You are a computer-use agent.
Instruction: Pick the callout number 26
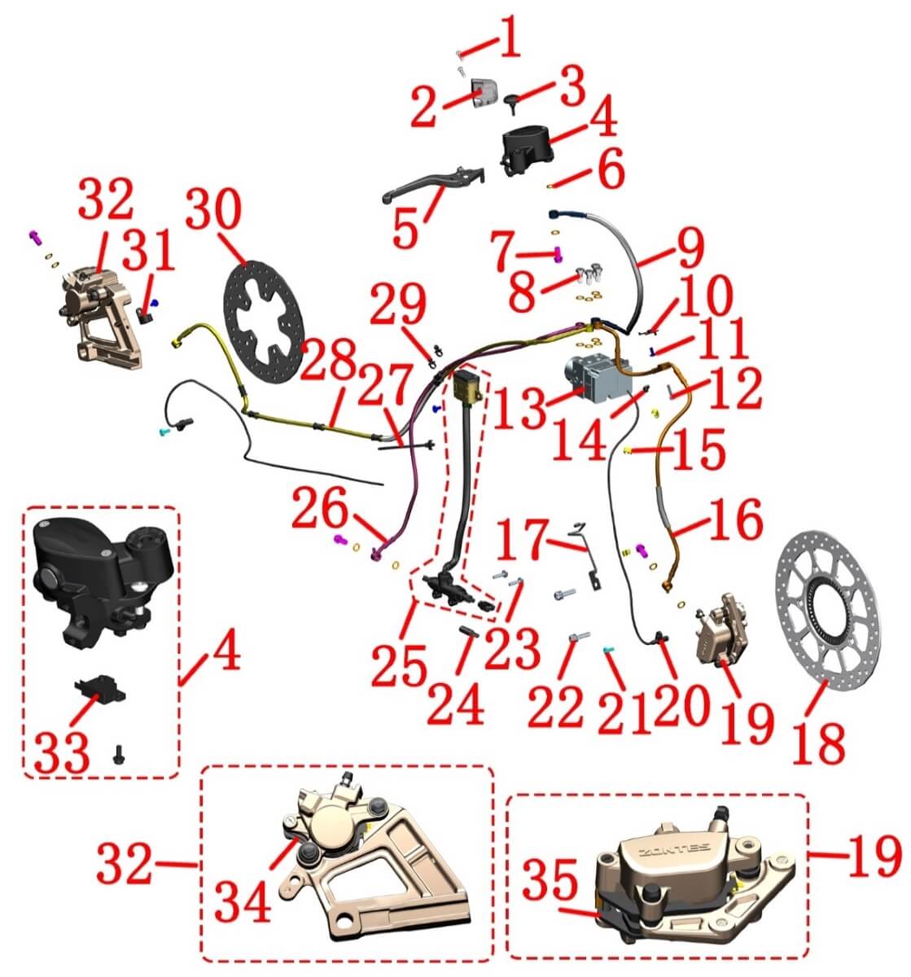tap(321, 509)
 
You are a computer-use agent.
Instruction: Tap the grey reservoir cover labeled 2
tap(484, 92)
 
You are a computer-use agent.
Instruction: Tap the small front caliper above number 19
tap(718, 629)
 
